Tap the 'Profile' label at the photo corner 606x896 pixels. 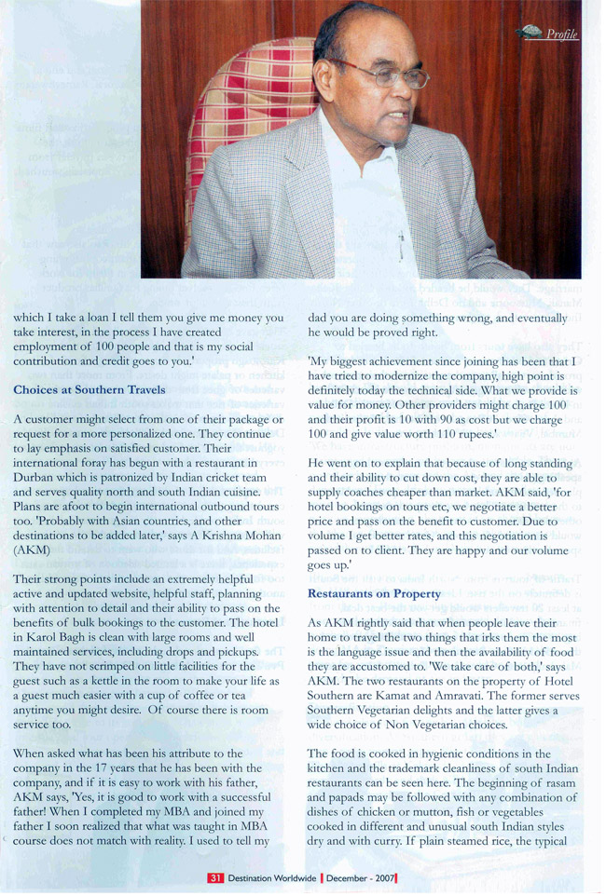coord(561,34)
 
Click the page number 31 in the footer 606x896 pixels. coord(214,877)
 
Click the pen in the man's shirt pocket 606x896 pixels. coord(401,246)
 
